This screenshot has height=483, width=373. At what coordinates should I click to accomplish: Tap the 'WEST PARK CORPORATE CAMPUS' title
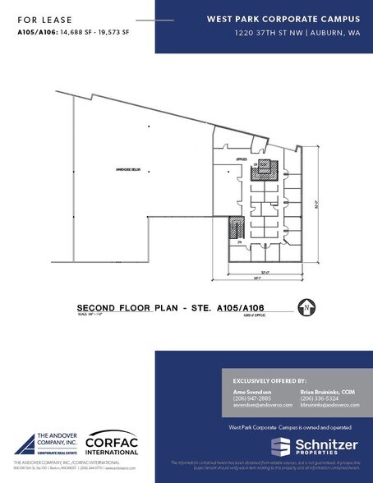click(x=265, y=19)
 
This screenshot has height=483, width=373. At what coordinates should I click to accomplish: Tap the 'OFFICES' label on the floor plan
click(x=241, y=158)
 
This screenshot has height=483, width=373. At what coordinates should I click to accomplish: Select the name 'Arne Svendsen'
click(x=245, y=395)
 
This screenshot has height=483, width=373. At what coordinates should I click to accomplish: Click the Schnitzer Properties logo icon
click(x=279, y=446)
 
